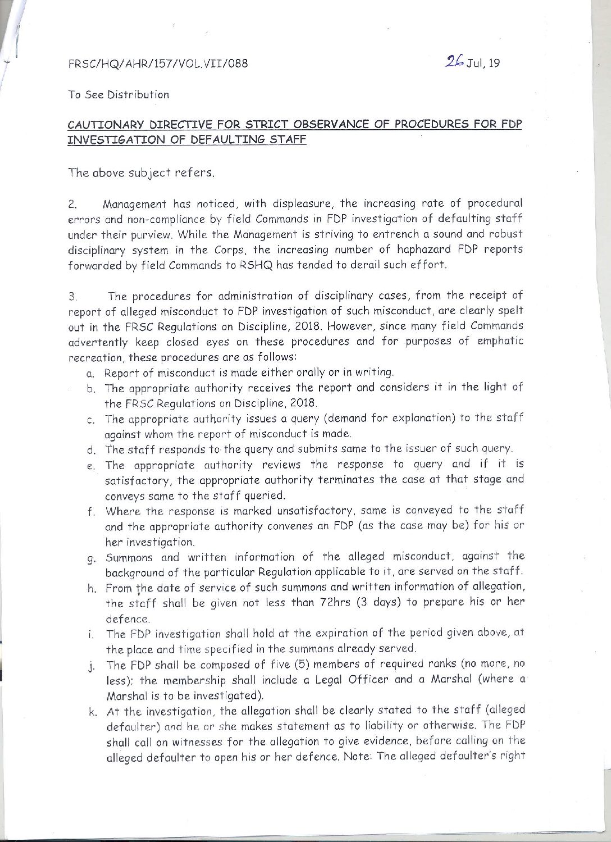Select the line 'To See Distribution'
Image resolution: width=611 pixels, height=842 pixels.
point(118,94)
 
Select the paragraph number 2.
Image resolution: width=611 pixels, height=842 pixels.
point(71,206)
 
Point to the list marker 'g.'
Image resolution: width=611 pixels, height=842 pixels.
point(89,558)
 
